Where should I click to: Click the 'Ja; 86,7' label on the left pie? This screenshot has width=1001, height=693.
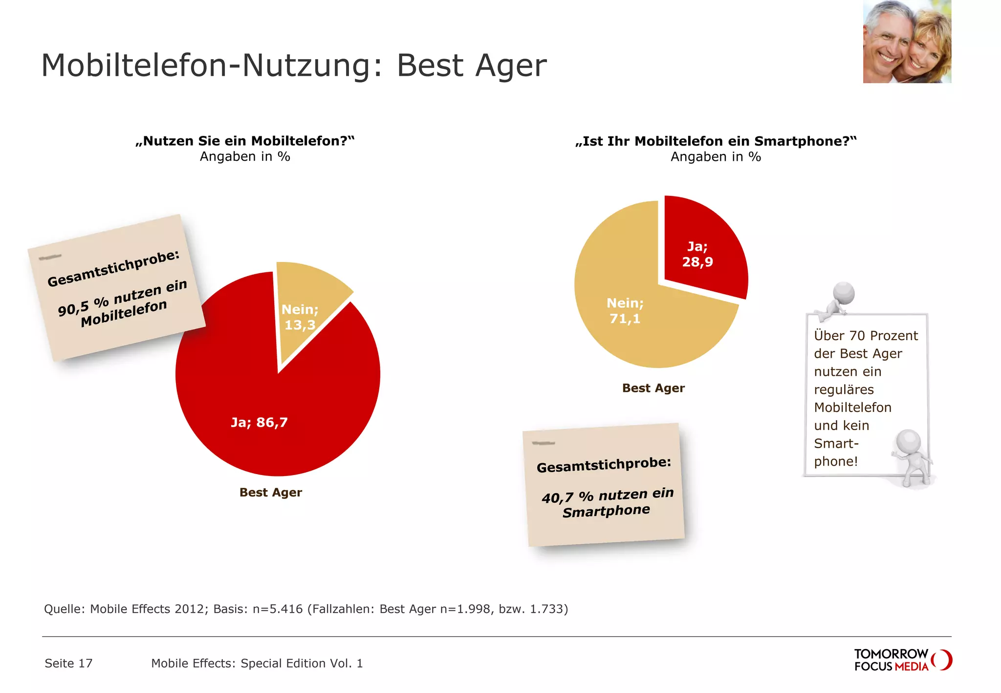259,422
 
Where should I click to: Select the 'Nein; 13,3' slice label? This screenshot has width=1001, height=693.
300,317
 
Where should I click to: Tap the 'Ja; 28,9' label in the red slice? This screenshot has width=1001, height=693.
697,254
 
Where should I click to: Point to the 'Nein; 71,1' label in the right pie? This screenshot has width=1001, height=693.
625,311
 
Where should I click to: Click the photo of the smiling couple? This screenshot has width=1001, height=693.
907,42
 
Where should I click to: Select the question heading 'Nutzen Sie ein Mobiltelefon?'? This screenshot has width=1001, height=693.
245,141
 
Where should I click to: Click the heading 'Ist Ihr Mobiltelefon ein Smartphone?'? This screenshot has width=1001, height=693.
716,141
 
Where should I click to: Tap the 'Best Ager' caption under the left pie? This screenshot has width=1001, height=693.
270,492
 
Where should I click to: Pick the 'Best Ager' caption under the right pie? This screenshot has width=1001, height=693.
653,388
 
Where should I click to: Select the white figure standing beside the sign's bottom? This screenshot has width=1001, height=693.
910,457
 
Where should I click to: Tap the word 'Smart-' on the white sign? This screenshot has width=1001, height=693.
836,444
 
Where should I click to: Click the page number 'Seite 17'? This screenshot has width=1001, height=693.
68,663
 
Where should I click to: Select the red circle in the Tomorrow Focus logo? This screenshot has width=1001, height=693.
942,660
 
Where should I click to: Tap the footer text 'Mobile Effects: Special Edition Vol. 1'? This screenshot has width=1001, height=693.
257,663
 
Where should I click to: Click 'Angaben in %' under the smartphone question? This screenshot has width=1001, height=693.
716,157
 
